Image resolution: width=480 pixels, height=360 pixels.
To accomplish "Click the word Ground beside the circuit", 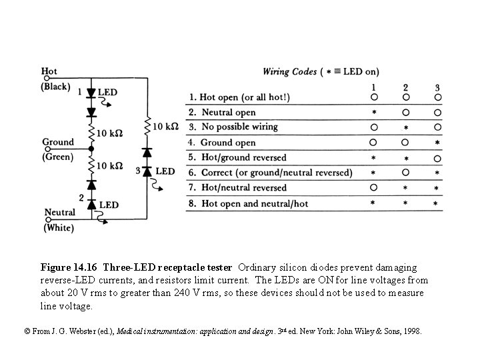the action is tap(58, 142).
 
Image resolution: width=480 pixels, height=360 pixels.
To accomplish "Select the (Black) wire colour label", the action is tap(56, 87).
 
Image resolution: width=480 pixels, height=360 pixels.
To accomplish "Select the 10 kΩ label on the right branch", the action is tap(165, 126).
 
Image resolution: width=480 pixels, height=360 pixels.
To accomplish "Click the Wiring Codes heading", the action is tap(289, 71).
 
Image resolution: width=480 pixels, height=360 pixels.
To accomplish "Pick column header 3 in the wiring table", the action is tap(437, 87).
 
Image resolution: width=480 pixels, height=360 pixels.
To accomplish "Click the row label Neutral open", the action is tap(228, 113).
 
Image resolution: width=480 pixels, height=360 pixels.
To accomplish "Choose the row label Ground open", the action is tap(227, 143).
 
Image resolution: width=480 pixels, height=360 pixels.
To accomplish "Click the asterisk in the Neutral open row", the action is tap(374, 113).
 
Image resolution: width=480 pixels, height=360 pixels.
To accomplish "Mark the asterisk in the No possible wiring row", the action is tap(405, 127).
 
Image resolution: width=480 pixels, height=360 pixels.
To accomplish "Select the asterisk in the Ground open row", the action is tap(437, 143).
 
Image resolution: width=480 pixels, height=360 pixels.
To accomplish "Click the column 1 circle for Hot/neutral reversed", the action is tap(374, 188).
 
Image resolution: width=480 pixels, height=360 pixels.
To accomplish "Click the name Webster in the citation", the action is tap(75, 331).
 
